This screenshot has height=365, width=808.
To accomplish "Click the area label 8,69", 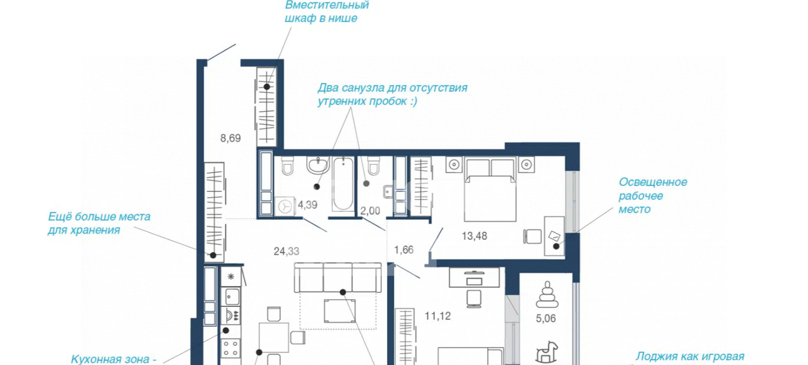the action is pyautogui.click(x=230, y=138).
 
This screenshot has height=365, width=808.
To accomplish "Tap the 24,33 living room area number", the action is pyautogui.click(x=287, y=251).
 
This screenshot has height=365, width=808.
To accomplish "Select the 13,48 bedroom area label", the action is pyautogui.click(x=474, y=236).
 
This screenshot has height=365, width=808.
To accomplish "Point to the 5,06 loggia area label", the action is pyautogui.click(x=546, y=318).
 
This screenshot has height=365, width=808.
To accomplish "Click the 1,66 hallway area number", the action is pyautogui.click(x=403, y=250).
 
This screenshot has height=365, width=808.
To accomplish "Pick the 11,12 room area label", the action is pyautogui.click(x=437, y=316).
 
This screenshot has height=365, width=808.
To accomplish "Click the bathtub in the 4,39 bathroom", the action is pyautogui.click(x=343, y=184).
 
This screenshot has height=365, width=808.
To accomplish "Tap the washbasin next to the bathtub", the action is pyautogui.click(x=318, y=165).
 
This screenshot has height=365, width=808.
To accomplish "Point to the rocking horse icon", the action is pyautogui.click(x=547, y=352).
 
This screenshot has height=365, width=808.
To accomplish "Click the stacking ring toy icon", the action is pyautogui.click(x=547, y=294).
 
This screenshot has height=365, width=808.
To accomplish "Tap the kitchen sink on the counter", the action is pyautogui.click(x=231, y=297).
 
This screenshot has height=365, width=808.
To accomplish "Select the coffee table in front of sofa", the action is pyautogui.click(x=340, y=311).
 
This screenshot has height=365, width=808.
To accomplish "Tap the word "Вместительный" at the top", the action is pyautogui.click(x=327, y=6).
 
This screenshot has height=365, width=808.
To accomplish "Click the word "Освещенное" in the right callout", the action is pyautogui.click(x=653, y=182).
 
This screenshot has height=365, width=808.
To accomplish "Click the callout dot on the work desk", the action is pyautogui.click(x=556, y=246).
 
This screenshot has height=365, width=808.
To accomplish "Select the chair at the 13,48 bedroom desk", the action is pyautogui.click(x=532, y=237).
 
